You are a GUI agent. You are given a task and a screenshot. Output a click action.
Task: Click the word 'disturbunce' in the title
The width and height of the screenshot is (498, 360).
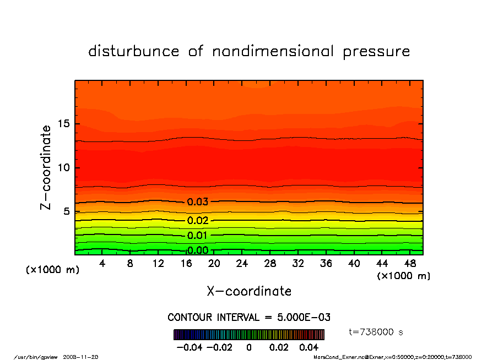tap(134, 52)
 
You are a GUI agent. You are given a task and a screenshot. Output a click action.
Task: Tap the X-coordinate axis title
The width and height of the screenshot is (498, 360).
tap(249, 291)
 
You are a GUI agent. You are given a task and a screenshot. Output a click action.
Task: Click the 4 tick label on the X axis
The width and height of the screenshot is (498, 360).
tap(102, 264)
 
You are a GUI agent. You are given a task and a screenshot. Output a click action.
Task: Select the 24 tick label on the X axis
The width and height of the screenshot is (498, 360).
tap(242, 264)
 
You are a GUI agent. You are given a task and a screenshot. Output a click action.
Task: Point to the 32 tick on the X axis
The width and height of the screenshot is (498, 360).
tap(298, 264)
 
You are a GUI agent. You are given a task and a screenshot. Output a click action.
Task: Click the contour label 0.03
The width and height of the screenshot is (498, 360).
tap(197, 202)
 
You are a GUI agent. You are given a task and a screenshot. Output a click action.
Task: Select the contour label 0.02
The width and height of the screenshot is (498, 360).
tap(197, 221)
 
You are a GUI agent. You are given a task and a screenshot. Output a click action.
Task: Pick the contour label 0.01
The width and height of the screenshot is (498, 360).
tap(197, 236)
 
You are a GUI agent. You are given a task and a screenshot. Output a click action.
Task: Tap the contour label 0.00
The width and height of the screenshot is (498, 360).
tap(197, 250)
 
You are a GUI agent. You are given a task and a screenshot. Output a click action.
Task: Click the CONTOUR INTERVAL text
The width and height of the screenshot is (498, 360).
tap(249, 318)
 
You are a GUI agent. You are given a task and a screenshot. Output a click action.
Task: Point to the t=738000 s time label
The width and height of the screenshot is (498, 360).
tap(377, 332)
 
